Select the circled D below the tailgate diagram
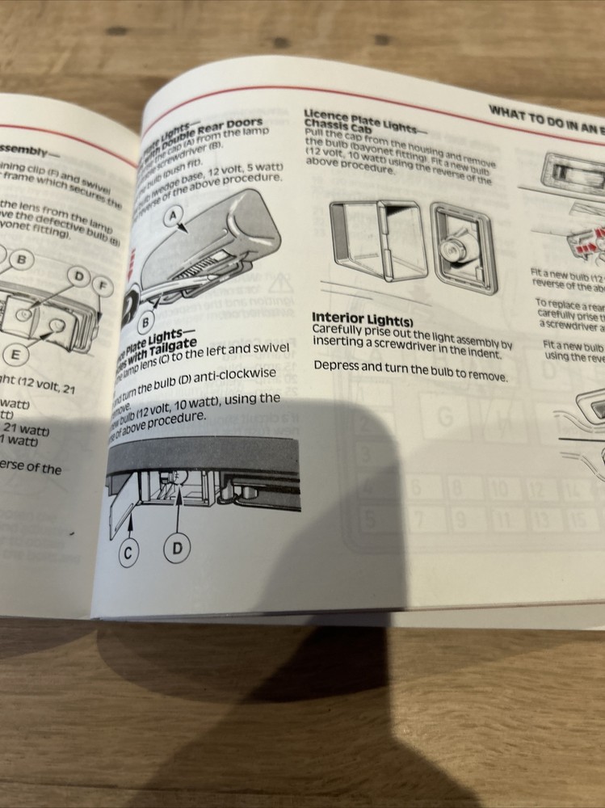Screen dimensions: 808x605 178,550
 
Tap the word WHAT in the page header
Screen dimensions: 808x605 506,112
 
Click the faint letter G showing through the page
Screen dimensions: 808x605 444,418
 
